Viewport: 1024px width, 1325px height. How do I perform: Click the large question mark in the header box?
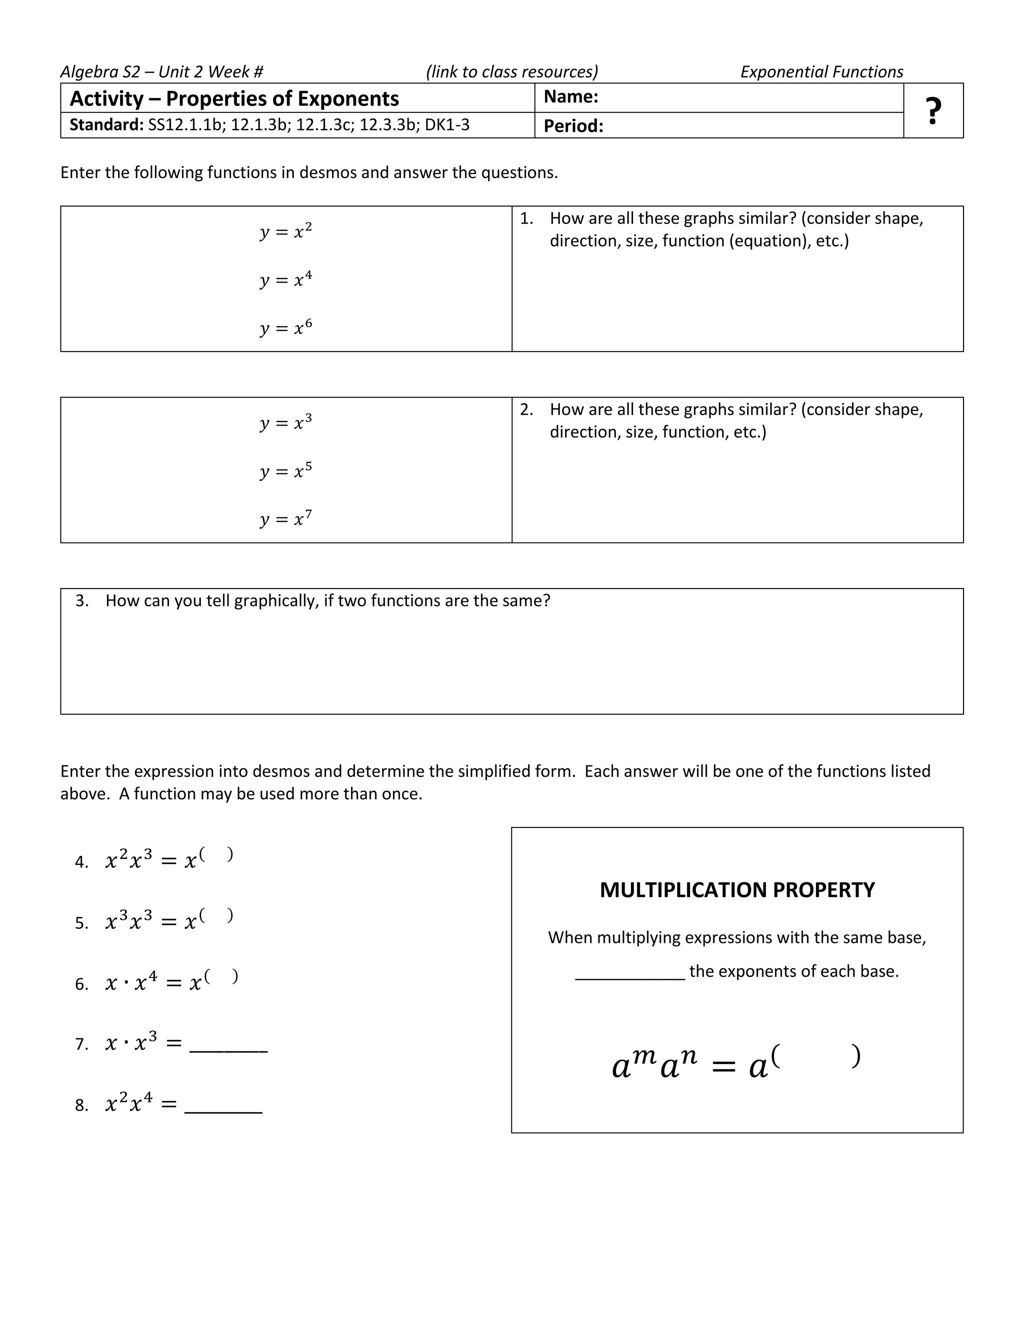[933, 111]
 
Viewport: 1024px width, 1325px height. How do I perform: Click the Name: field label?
[570, 97]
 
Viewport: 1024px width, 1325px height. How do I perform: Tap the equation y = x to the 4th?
[285, 279]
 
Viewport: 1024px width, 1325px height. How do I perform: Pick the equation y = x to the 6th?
[285, 327]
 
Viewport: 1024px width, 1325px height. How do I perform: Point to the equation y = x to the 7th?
[285, 518]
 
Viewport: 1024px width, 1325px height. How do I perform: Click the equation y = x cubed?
[285, 422]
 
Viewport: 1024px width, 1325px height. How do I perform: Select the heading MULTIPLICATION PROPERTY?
[737, 890]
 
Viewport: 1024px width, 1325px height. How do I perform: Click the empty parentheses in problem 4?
[216, 854]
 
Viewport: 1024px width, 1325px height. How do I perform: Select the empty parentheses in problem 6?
[221, 975]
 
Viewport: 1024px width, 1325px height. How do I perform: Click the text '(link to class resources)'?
[512, 72]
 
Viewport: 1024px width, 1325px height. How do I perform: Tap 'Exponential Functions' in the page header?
[821, 72]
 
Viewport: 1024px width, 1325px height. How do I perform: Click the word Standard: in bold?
[106, 125]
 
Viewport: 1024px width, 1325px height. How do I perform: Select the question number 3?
[81, 600]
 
